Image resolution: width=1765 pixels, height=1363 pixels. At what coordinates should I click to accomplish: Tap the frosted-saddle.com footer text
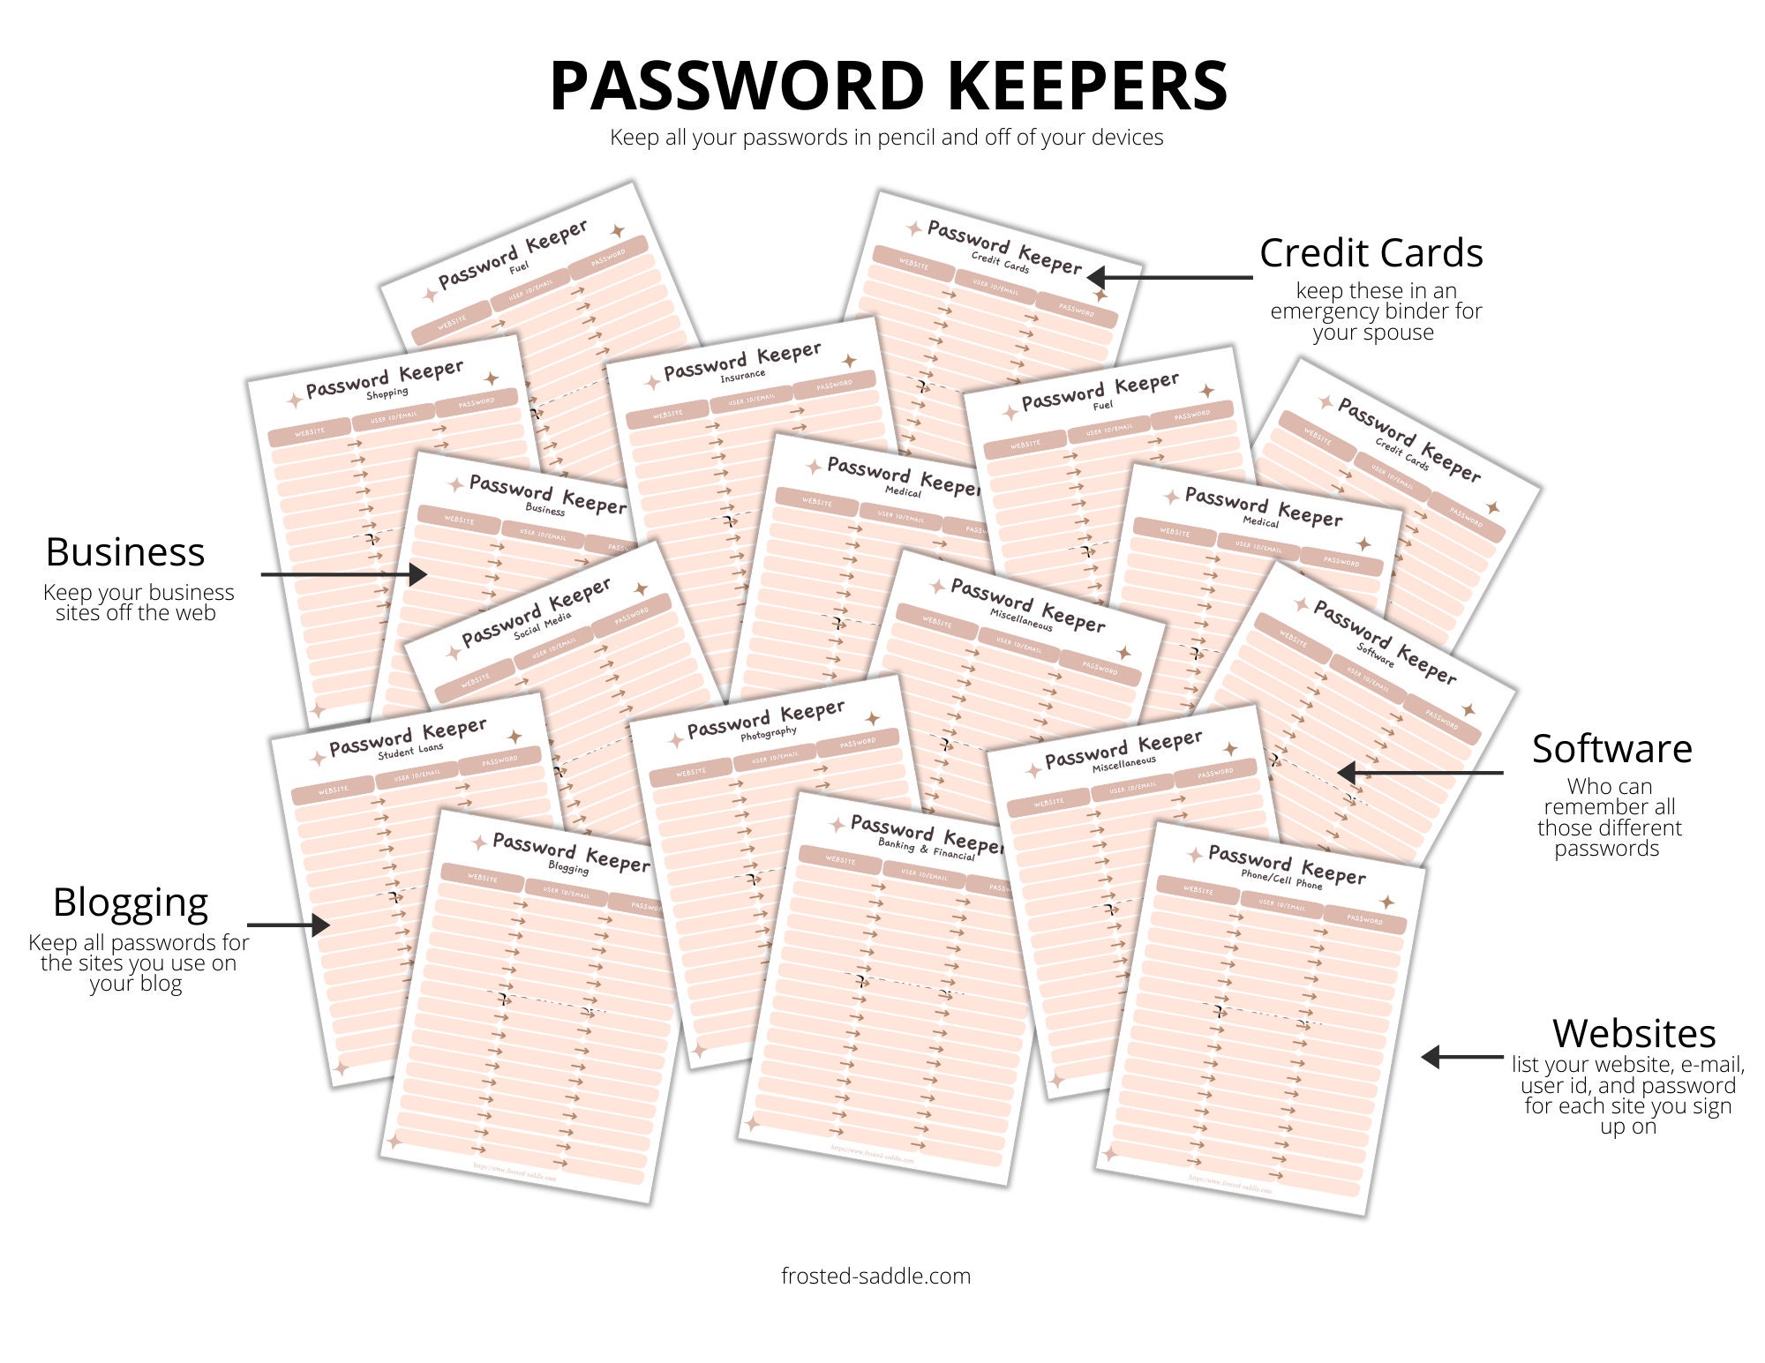(x=875, y=1276)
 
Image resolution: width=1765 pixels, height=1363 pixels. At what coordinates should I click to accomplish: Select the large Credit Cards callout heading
(x=1371, y=253)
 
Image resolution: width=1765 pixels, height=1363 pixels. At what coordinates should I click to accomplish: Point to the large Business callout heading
(x=125, y=552)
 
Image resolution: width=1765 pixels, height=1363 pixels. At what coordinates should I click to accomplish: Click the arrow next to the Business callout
(x=344, y=574)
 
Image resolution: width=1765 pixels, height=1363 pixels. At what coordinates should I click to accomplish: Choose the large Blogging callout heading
(x=131, y=902)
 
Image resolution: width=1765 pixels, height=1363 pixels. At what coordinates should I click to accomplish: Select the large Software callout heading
(x=1611, y=749)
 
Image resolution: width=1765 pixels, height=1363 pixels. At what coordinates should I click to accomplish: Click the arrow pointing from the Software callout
(x=1421, y=773)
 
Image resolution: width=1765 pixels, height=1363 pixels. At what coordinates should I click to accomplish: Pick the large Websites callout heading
(x=1634, y=1033)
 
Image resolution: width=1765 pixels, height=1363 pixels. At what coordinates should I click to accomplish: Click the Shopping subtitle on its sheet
(x=387, y=393)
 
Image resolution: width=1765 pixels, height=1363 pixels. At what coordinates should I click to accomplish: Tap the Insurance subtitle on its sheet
(x=742, y=376)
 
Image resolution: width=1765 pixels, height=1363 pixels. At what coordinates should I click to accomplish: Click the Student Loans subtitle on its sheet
(x=410, y=751)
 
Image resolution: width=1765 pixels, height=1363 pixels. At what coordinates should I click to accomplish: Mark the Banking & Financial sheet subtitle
(x=926, y=849)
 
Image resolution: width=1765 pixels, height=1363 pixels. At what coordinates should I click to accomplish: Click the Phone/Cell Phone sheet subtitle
(x=1281, y=880)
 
